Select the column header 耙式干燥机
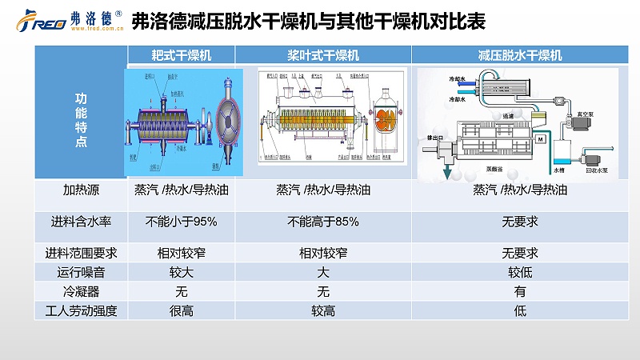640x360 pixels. click(182, 56)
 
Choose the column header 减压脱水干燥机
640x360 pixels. click(520, 56)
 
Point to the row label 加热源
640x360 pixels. click(80, 190)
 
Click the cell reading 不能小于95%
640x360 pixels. click(182, 221)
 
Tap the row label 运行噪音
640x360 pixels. click(80, 273)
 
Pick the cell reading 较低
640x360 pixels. click(520, 273)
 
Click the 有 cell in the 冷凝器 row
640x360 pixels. click(520, 292)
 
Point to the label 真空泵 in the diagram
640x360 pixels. click(596, 114)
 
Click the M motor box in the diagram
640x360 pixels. click(540, 140)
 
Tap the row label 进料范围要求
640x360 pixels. click(80, 253)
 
